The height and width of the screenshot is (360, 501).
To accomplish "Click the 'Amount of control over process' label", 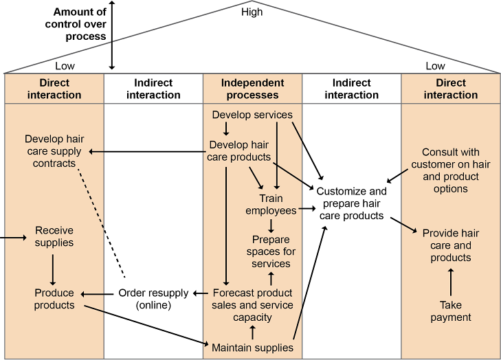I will point(79,23).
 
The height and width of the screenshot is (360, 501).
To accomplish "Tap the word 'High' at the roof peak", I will point(252,12).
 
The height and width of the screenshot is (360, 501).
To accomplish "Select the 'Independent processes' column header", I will point(252,89).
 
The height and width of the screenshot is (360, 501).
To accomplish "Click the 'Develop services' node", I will point(252,115).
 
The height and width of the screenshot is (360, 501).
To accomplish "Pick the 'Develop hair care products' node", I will point(238,151).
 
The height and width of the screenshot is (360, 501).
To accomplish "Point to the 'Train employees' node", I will point(271,205).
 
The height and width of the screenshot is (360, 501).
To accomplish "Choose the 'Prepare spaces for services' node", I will point(271,251).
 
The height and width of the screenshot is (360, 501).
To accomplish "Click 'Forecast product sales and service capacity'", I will point(252,304).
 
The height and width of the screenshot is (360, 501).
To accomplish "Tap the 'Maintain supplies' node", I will point(252,348).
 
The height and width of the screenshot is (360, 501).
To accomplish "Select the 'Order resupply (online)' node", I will point(153,299).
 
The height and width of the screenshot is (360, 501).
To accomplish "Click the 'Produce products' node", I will point(54,299).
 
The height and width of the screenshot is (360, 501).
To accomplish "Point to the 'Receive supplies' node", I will point(54,236).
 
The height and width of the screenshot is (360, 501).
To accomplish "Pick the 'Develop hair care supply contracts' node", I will point(53,151).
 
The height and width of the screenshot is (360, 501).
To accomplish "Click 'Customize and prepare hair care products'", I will point(351,203).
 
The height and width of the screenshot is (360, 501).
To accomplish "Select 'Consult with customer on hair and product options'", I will point(451,170).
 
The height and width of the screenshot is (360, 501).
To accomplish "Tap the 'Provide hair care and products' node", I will point(451,245).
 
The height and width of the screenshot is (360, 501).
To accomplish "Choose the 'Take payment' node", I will point(451,311).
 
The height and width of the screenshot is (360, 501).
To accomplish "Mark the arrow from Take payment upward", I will point(451,282).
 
